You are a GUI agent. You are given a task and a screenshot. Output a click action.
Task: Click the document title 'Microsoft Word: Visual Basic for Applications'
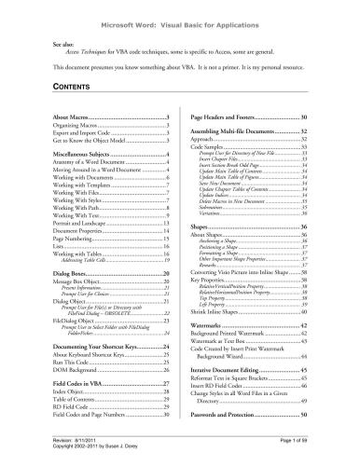pos(179,17)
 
